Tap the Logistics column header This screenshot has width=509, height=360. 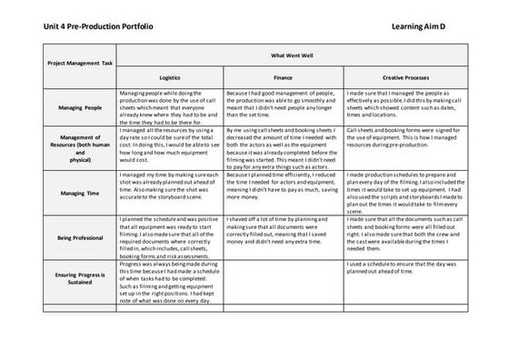click(x=170, y=77)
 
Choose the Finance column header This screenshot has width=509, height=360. click(x=283, y=77)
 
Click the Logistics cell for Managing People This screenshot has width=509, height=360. click(x=169, y=107)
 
